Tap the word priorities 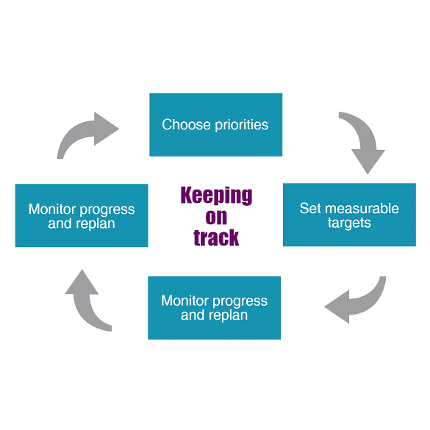[241, 125]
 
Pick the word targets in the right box [349, 223]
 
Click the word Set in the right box [310, 208]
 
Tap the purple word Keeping [216, 196]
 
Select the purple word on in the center [216, 217]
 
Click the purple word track [216, 237]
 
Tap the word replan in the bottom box [227, 315]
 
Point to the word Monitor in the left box [52, 209]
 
